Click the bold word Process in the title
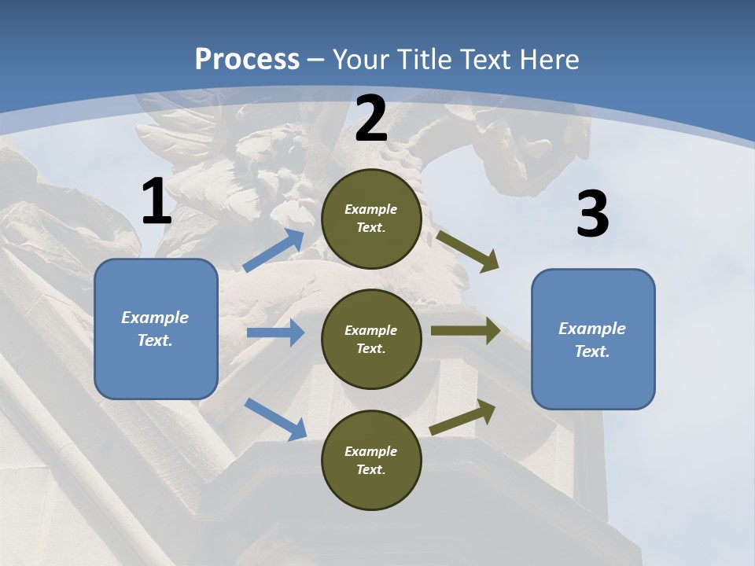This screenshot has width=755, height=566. pyautogui.click(x=247, y=60)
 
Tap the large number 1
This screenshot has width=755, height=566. pyautogui.click(x=156, y=202)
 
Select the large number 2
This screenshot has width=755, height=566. pyautogui.click(x=371, y=119)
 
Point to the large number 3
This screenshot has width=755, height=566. pyautogui.click(x=592, y=215)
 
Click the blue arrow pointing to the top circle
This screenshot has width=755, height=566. pyautogui.click(x=274, y=251)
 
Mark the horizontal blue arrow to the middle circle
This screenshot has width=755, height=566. pyautogui.click(x=275, y=333)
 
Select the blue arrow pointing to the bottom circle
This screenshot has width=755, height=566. pyautogui.click(x=275, y=418)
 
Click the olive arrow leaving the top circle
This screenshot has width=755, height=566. pyautogui.click(x=468, y=251)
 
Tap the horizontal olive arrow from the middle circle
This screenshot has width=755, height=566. pyautogui.click(x=466, y=331)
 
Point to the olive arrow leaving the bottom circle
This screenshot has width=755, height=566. pyautogui.click(x=462, y=417)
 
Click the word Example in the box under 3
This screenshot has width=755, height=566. pyautogui.click(x=592, y=329)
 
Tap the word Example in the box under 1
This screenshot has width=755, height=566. pyautogui.click(x=155, y=318)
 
